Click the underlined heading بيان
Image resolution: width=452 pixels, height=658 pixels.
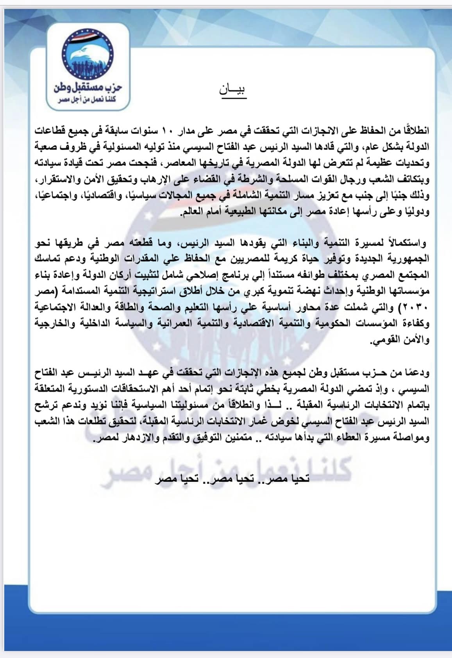tap(233, 90)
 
